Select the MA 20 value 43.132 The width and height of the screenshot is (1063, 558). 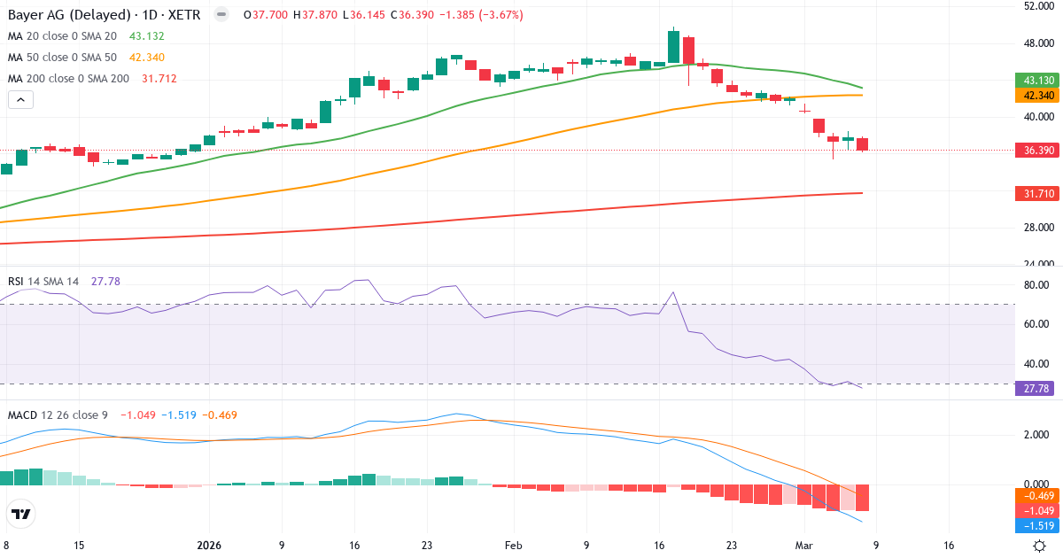[147, 36]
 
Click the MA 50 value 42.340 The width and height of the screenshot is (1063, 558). [147, 58]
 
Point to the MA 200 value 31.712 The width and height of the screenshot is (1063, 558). [159, 79]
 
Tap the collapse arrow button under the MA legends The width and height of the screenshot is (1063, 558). [20, 99]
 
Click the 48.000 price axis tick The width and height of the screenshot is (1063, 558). [1038, 43]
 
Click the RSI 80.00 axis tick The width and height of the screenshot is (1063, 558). [1036, 285]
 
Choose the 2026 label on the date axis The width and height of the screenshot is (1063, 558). [209, 546]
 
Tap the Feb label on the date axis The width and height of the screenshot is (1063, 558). [514, 546]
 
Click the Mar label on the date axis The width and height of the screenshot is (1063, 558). [803, 546]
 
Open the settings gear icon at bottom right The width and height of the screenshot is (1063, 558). [1041, 546]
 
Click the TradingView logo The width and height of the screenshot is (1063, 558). [20, 514]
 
